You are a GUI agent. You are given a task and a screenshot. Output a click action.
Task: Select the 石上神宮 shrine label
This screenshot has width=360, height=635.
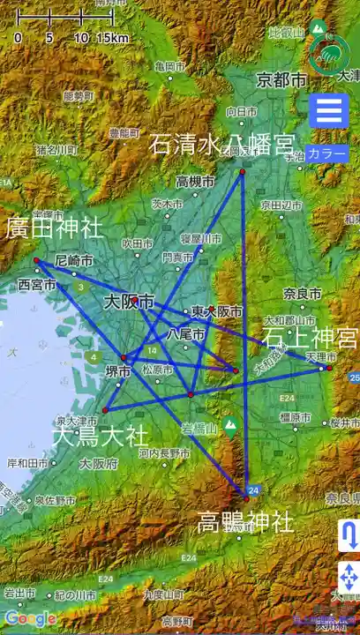(310, 338)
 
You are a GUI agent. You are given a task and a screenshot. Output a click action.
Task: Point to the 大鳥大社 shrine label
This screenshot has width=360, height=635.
(101, 435)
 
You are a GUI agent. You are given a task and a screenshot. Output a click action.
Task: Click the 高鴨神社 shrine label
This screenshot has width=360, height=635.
(245, 522)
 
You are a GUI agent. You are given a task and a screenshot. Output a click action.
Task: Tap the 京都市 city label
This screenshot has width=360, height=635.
(282, 80)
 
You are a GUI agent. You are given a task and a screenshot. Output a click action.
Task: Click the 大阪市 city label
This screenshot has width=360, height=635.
(129, 302)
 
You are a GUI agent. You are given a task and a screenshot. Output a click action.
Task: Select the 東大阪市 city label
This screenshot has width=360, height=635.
(216, 311)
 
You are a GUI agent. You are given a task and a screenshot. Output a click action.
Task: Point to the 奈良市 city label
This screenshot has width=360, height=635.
(303, 293)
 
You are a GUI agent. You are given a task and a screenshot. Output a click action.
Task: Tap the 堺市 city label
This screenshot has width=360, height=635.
(118, 371)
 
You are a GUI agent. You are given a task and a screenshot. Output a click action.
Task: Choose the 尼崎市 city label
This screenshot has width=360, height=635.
(74, 261)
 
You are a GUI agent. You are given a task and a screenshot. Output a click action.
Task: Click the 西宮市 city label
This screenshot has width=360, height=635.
(37, 285)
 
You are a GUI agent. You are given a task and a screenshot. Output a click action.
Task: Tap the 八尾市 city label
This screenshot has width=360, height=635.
(186, 335)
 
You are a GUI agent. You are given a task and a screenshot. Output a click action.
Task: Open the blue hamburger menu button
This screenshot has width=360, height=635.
(329, 112)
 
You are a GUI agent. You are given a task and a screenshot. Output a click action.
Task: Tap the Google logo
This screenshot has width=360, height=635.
(30, 618)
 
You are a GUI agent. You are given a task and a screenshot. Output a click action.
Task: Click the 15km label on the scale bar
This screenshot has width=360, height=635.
(113, 38)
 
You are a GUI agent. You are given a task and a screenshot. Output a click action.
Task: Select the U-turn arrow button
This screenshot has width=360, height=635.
(349, 535)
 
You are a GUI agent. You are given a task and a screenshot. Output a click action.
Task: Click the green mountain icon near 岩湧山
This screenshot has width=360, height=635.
(231, 429)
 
